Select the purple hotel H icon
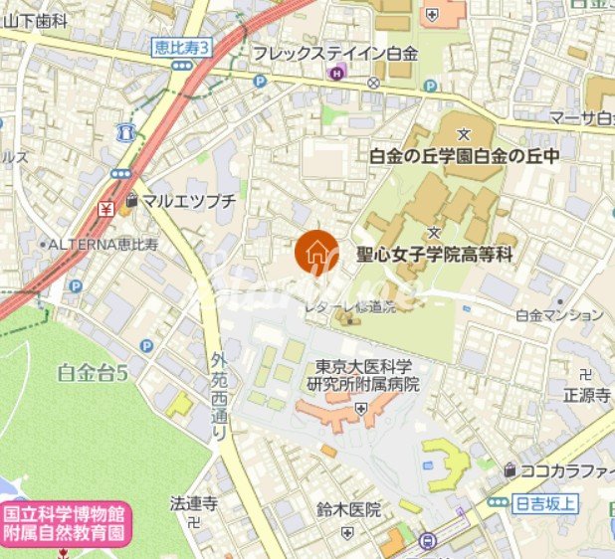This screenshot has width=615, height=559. coord(338,71)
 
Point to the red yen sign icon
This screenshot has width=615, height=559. coord(105,209)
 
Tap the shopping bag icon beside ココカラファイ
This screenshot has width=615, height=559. coord(511,469)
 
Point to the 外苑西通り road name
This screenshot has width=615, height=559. coord(220,398)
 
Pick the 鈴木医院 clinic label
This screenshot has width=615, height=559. coord(349,510)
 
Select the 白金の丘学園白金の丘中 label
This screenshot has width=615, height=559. coord(464,155)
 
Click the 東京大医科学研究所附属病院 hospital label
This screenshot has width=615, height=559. coord(362,376)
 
